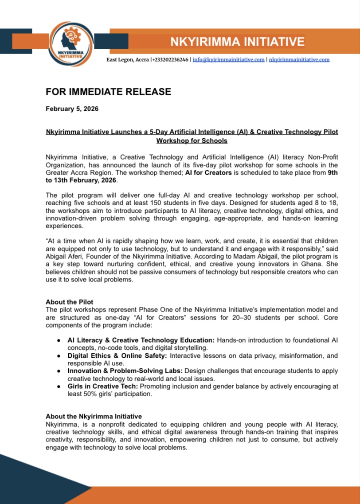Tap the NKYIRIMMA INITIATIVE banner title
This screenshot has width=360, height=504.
(x=238, y=42)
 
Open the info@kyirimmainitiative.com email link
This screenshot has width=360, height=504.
(x=229, y=60)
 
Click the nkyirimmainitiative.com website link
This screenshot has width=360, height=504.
(x=299, y=60)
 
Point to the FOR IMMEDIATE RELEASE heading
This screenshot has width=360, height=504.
(x=108, y=92)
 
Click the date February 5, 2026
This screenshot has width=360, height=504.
(x=72, y=109)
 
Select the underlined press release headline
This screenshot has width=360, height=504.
(x=192, y=136)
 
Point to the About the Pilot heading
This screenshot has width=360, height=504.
(x=70, y=302)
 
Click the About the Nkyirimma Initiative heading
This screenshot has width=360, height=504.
(x=94, y=417)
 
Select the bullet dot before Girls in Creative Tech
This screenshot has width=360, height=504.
(x=59, y=386)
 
